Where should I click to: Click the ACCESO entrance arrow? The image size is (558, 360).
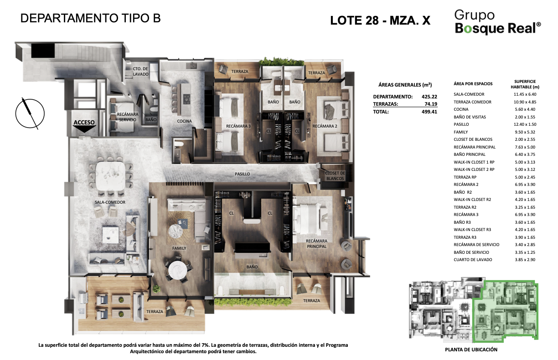(x=84, y=129)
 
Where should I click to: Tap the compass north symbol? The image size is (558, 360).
(x=30, y=113)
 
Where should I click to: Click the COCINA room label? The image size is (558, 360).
(x=184, y=121)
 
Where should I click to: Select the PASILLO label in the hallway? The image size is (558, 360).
(x=242, y=174)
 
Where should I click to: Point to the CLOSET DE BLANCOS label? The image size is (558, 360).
(x=335, y=176)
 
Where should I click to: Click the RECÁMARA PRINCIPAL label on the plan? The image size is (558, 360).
(x=316, y=244)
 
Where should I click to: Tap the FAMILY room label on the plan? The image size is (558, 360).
(x=179, y=248)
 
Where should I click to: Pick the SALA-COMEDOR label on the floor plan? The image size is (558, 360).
(x=110, y=202)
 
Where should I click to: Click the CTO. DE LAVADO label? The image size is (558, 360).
(x=140, y=72)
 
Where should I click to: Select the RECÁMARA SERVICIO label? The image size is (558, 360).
(x=128, y=117)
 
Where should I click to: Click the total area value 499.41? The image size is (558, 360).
(x=429, y=112)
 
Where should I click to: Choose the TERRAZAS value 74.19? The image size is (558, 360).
(x=431, y=104)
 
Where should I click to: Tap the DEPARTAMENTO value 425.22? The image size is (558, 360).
(x=429, y=97)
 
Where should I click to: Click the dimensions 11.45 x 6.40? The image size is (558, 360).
(x=525, y=94)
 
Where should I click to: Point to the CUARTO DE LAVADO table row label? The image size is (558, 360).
(x=473, y=260)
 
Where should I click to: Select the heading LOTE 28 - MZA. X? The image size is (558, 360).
(x=380, y=21)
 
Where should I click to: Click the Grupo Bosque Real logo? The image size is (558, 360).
(x=498, y=22)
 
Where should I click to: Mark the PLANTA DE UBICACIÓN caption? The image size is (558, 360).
(x=471, y=350)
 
